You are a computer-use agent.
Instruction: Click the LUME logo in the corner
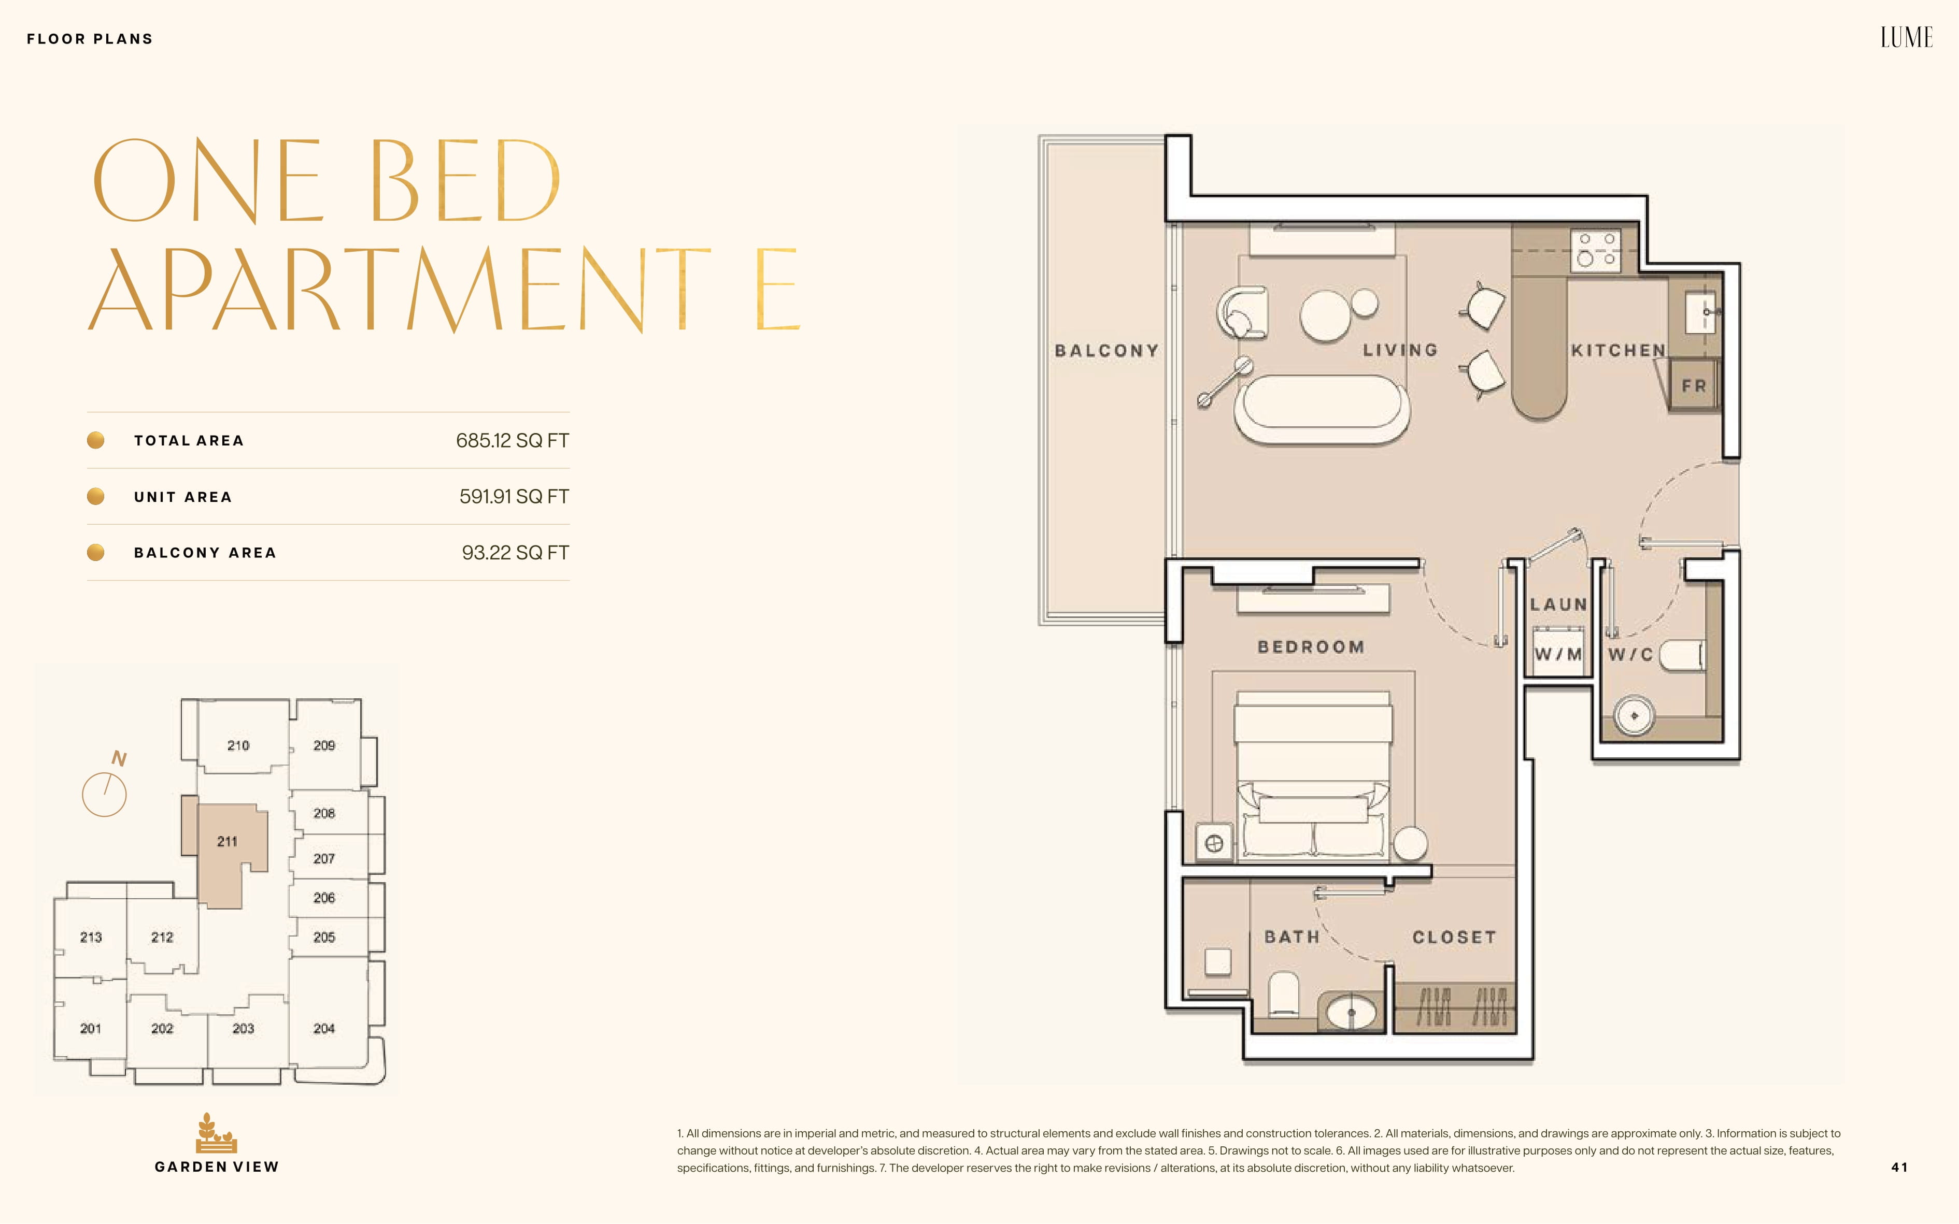pyautogui.click(x=1906, y=37)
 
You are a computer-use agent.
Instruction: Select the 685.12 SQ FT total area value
pyautogui.click(x=512, y=440)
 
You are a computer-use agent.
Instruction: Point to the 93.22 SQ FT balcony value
pyautogui.click(x=515, y=552)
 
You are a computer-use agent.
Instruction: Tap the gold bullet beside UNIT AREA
pyautogui.click(x=95, y=496)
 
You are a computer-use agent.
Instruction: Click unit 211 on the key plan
pyautogui.click(x=228, y=842)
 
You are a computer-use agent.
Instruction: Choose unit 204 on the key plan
pyautogui.click(x=324, y=1028)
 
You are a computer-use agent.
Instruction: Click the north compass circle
pyautogui.click(x=105, y=794)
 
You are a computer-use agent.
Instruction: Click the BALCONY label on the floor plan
pyautogui.click(x=1106, y=351)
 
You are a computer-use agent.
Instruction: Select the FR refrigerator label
pyautogui.click(x=1693, y=386)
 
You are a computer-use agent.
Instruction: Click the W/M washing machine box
pyautogui.click(x=1558, y=654)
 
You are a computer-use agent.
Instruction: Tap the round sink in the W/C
pyautogui.click(x=1634, y=716)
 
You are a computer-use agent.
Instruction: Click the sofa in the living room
pyautogui.click(x=1322, y=407)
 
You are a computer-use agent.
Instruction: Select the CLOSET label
pyautogui.click(x=1454, y=938)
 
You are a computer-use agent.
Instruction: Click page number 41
pyautogui.click(x=1899, y=1168)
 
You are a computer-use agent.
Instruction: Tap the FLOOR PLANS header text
pyautogui.click(x=90, y=39)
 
